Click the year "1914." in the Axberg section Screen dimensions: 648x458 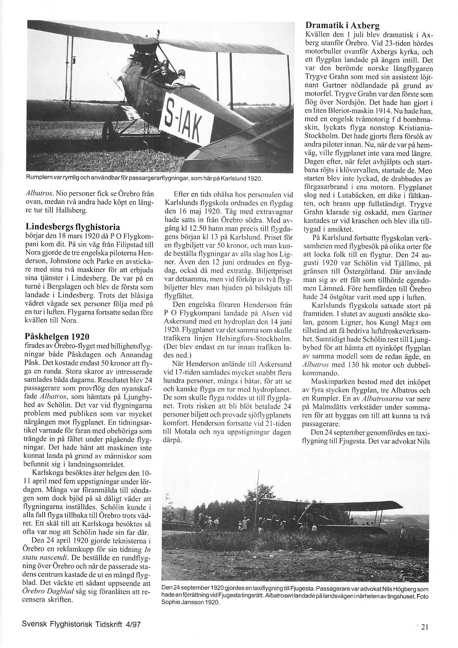[376, 111]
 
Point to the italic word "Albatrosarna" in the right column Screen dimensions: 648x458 [382, 399]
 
